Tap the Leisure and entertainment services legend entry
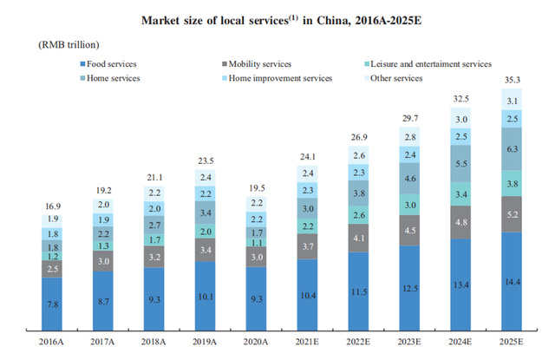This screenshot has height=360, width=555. coord(428,63)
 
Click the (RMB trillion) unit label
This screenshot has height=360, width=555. coord(69,43)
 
